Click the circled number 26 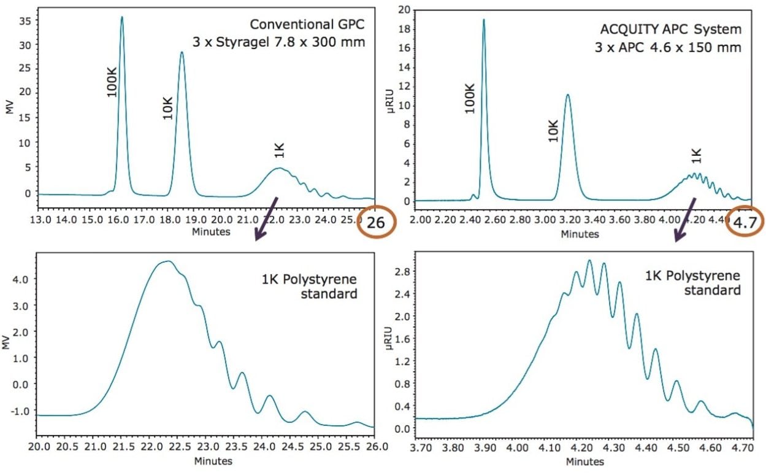point(375,223)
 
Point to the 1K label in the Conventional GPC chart point(279,150)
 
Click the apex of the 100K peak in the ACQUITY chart point(483,20)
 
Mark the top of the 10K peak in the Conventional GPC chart point(182,52)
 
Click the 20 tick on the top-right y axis point(404,10)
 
